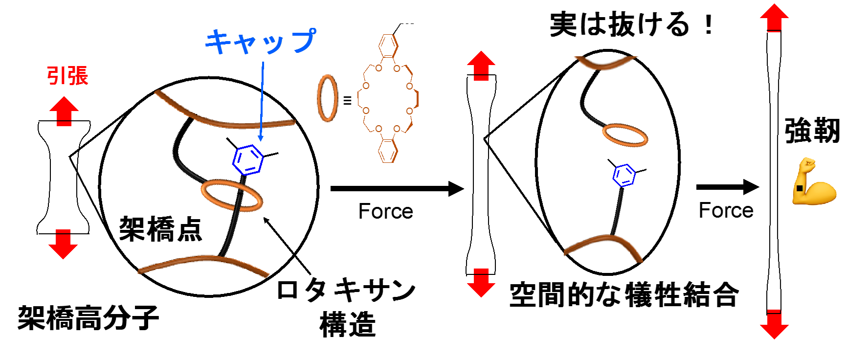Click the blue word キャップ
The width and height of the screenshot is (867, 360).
pyautogui.click(x=260, y=41)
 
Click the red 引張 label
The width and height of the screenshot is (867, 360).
pyautogui.click(x=68, y=76)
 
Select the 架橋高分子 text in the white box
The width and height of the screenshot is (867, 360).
pyautogui.click(x=89, y=318)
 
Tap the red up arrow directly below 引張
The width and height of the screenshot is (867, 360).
pyautogui.click(x=64, y=111)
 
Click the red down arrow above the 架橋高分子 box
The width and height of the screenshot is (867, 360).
pyautogui.click(x=63, y=244)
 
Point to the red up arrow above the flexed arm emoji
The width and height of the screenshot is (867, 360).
pyautogui.click(x=774, y=18)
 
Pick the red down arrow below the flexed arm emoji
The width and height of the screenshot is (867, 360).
pyautogui.click(x=774, y=324)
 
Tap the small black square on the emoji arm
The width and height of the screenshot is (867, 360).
pyautogui.click(x=800, y=188)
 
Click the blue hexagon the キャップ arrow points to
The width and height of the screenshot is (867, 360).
pyautogui.click(x=248, y=160)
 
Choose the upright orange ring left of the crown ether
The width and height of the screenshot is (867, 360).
pyautogui.click(x=327, y=98)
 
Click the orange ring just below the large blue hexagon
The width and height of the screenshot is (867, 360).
pyautogui.click(x=232, y=195)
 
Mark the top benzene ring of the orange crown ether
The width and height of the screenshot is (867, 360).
pyautogui.click(x=388, y=45)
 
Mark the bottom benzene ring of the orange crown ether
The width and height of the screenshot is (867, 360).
pyautogui.click(x=388, y=151)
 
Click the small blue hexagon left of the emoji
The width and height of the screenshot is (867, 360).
pyautogui.click(x=624, y=176)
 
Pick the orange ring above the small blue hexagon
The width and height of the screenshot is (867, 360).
pyautogui.click(x=625, y=135)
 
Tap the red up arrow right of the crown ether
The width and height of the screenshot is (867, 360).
pyautogui.click(x=481, y=66)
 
